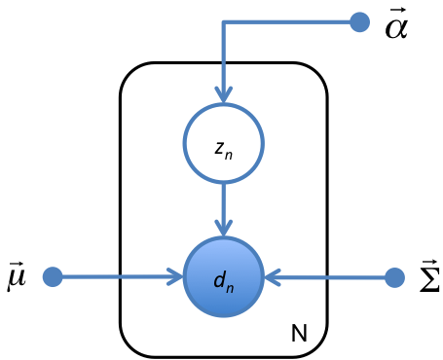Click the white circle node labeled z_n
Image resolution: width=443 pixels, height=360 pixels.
(x=224, y=143)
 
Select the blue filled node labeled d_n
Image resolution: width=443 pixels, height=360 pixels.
(x=224, y=277)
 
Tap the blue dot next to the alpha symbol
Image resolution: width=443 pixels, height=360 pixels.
(x=359, y=20)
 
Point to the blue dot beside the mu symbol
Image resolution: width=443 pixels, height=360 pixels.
(x=53, y=277)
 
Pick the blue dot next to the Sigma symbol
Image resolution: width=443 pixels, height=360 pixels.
(x=394, y=277)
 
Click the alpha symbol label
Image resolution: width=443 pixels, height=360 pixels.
(x=395, y=27)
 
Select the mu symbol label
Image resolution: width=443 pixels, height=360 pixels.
(x=17, y=280)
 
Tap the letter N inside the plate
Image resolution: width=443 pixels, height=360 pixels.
(x=300, y=336)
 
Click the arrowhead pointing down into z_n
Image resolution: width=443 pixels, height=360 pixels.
(x=224, y=95)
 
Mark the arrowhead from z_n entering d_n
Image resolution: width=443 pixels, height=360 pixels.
(x=224, y=230)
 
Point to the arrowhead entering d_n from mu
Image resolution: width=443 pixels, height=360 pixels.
(x=177, y=277)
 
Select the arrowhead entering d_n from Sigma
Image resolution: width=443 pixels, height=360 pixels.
(x=272, y=277)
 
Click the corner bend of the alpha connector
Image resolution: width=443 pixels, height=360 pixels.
(x=224, y=20)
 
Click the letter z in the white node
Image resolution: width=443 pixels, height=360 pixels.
(x=220, y=146)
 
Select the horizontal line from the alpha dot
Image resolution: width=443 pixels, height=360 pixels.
(x=292, y=20)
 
